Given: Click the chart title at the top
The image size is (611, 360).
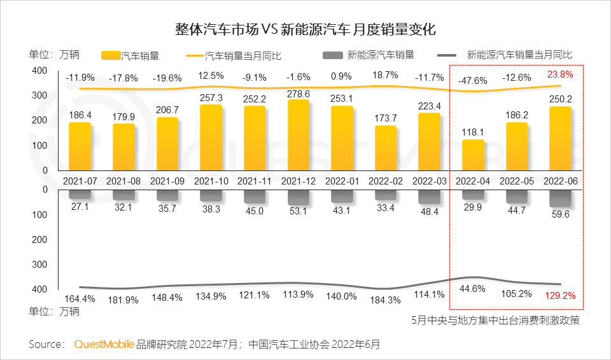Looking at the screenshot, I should (x=305, y=29).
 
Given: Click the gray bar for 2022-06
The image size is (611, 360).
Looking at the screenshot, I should (x=561, y=197).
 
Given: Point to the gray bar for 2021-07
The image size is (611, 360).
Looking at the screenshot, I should (x=80, y=194).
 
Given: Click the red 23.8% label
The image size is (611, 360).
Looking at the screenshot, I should (x=561, y=74).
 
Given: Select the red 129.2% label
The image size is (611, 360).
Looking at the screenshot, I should (x=561, y=296).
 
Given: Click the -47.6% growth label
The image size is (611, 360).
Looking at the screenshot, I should (x=474, y=81).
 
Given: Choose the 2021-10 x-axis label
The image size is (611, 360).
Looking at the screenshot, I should (x=211, y=181).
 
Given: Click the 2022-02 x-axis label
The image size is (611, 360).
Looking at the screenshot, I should (x=386, y=181).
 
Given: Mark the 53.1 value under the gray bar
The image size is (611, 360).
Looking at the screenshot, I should (x=298, y=211).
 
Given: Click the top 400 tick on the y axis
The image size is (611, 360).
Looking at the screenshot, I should (x=39, y=70).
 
